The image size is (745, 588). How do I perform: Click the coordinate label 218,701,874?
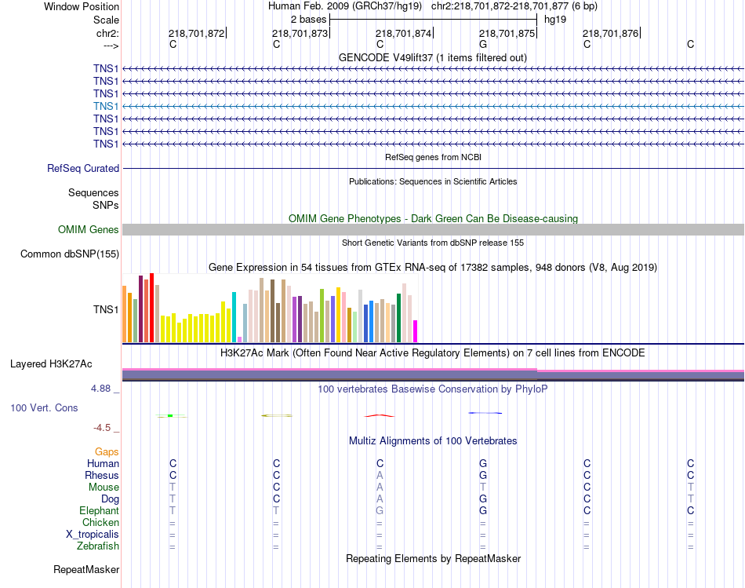tap(403, 34)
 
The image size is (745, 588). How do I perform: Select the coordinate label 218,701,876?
tap(610, 34)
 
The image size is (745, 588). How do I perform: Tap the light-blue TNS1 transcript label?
tap(106, 106)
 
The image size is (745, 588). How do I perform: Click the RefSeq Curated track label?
tap(83, 169)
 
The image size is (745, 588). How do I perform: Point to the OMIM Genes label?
tap(89, 230)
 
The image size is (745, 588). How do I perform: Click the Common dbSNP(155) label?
tap(70, 254)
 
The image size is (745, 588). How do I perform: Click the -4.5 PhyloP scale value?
tap(104, 428)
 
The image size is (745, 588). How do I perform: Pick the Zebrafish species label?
tap(98, 546)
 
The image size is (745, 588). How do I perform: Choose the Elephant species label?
tap(99, 511)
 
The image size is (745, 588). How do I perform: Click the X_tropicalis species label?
tap(93, 535)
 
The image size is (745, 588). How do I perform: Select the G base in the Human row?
tap(483, 464)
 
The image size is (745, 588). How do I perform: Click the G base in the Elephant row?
tap(483, 511)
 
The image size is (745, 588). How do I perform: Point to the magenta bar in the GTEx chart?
tap(416, 331)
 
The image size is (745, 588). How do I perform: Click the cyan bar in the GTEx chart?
tap(234, 317)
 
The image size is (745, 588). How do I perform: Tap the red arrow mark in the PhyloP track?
tap(380, 415)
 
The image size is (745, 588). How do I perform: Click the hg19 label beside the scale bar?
tap(554, 18)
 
